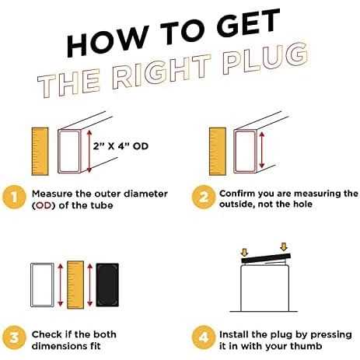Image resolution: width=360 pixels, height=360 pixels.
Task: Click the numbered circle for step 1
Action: tap(14, 197)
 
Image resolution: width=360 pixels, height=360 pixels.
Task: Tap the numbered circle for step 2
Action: tap(204, 197)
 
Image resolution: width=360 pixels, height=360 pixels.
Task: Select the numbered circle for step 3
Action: tap(14, 337)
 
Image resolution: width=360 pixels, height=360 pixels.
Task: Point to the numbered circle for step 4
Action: tap(204, 337)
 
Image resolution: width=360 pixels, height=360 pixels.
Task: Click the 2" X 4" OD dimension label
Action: tap(121, 146)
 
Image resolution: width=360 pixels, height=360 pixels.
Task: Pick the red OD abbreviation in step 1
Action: tap(44, 206)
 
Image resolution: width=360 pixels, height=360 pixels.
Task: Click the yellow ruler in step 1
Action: tap(40, 152)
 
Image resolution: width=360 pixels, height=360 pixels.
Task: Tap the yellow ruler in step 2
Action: tap(218, 152)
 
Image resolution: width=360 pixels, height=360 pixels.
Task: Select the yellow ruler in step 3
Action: tap(75, 285)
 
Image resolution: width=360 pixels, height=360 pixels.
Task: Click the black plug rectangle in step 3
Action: tap(107, 285)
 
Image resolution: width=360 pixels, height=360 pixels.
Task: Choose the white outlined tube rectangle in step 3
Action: tap(42, 285)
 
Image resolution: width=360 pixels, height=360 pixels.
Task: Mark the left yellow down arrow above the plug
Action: tap(244, 252)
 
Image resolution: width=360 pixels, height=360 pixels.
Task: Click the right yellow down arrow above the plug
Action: tap(284, 246)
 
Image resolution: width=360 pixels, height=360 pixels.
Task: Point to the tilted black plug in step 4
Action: tap(266, 258)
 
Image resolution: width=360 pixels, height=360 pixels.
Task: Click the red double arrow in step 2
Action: tap(262, 150)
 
